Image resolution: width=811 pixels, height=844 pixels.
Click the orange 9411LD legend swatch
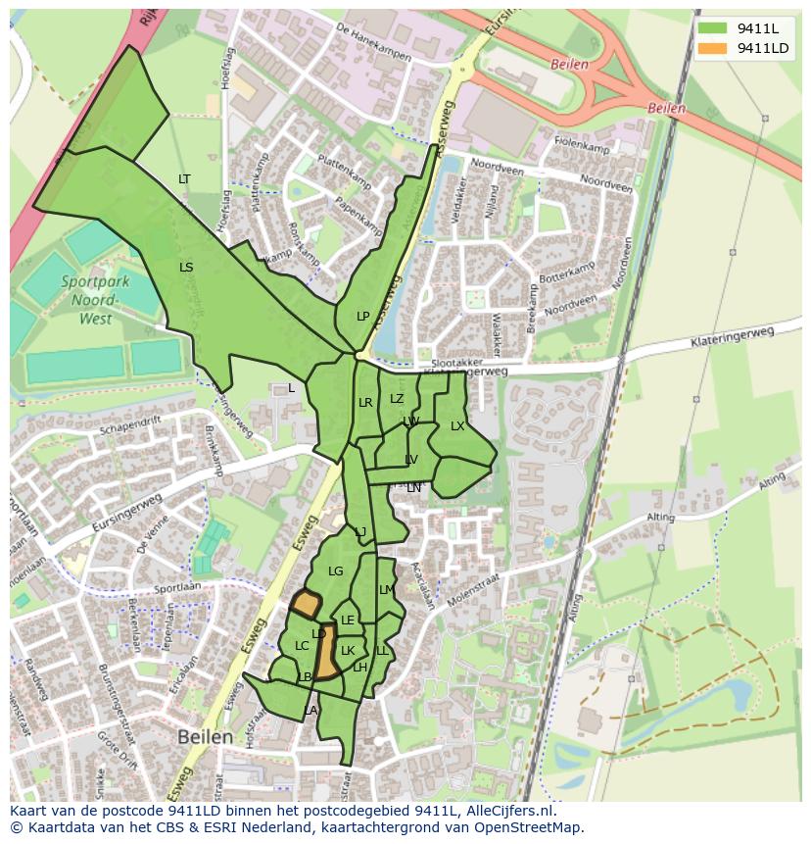coord(712,48)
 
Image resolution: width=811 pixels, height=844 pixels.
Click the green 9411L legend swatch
coord(712,27)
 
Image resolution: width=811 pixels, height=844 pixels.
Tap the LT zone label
coord(184,178)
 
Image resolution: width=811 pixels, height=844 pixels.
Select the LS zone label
coord(186,267)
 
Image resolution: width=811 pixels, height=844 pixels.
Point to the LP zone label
coord(363,316)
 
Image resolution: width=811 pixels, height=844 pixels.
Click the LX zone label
coord(457,425)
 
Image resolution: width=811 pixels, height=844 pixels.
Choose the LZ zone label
coord(397,398)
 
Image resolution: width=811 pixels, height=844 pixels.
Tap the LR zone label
coord(365,402)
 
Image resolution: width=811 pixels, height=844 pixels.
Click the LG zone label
coord(336,571)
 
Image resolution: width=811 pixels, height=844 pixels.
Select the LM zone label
coord(386,589)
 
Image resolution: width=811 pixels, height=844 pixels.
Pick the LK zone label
coord(348,650)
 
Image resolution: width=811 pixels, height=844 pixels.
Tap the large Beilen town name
coord(206,736)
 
